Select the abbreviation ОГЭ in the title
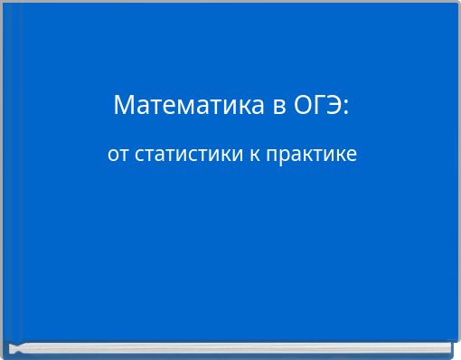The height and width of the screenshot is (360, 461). click(316, 106)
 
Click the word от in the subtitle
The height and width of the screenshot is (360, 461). click(118, 155)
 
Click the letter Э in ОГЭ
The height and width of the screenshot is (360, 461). click(334, 106)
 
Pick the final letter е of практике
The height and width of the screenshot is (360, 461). click(352, 156)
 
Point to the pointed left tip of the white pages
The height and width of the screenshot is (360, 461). click(11, 348)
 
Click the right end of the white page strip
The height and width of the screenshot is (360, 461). click(448, 346)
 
